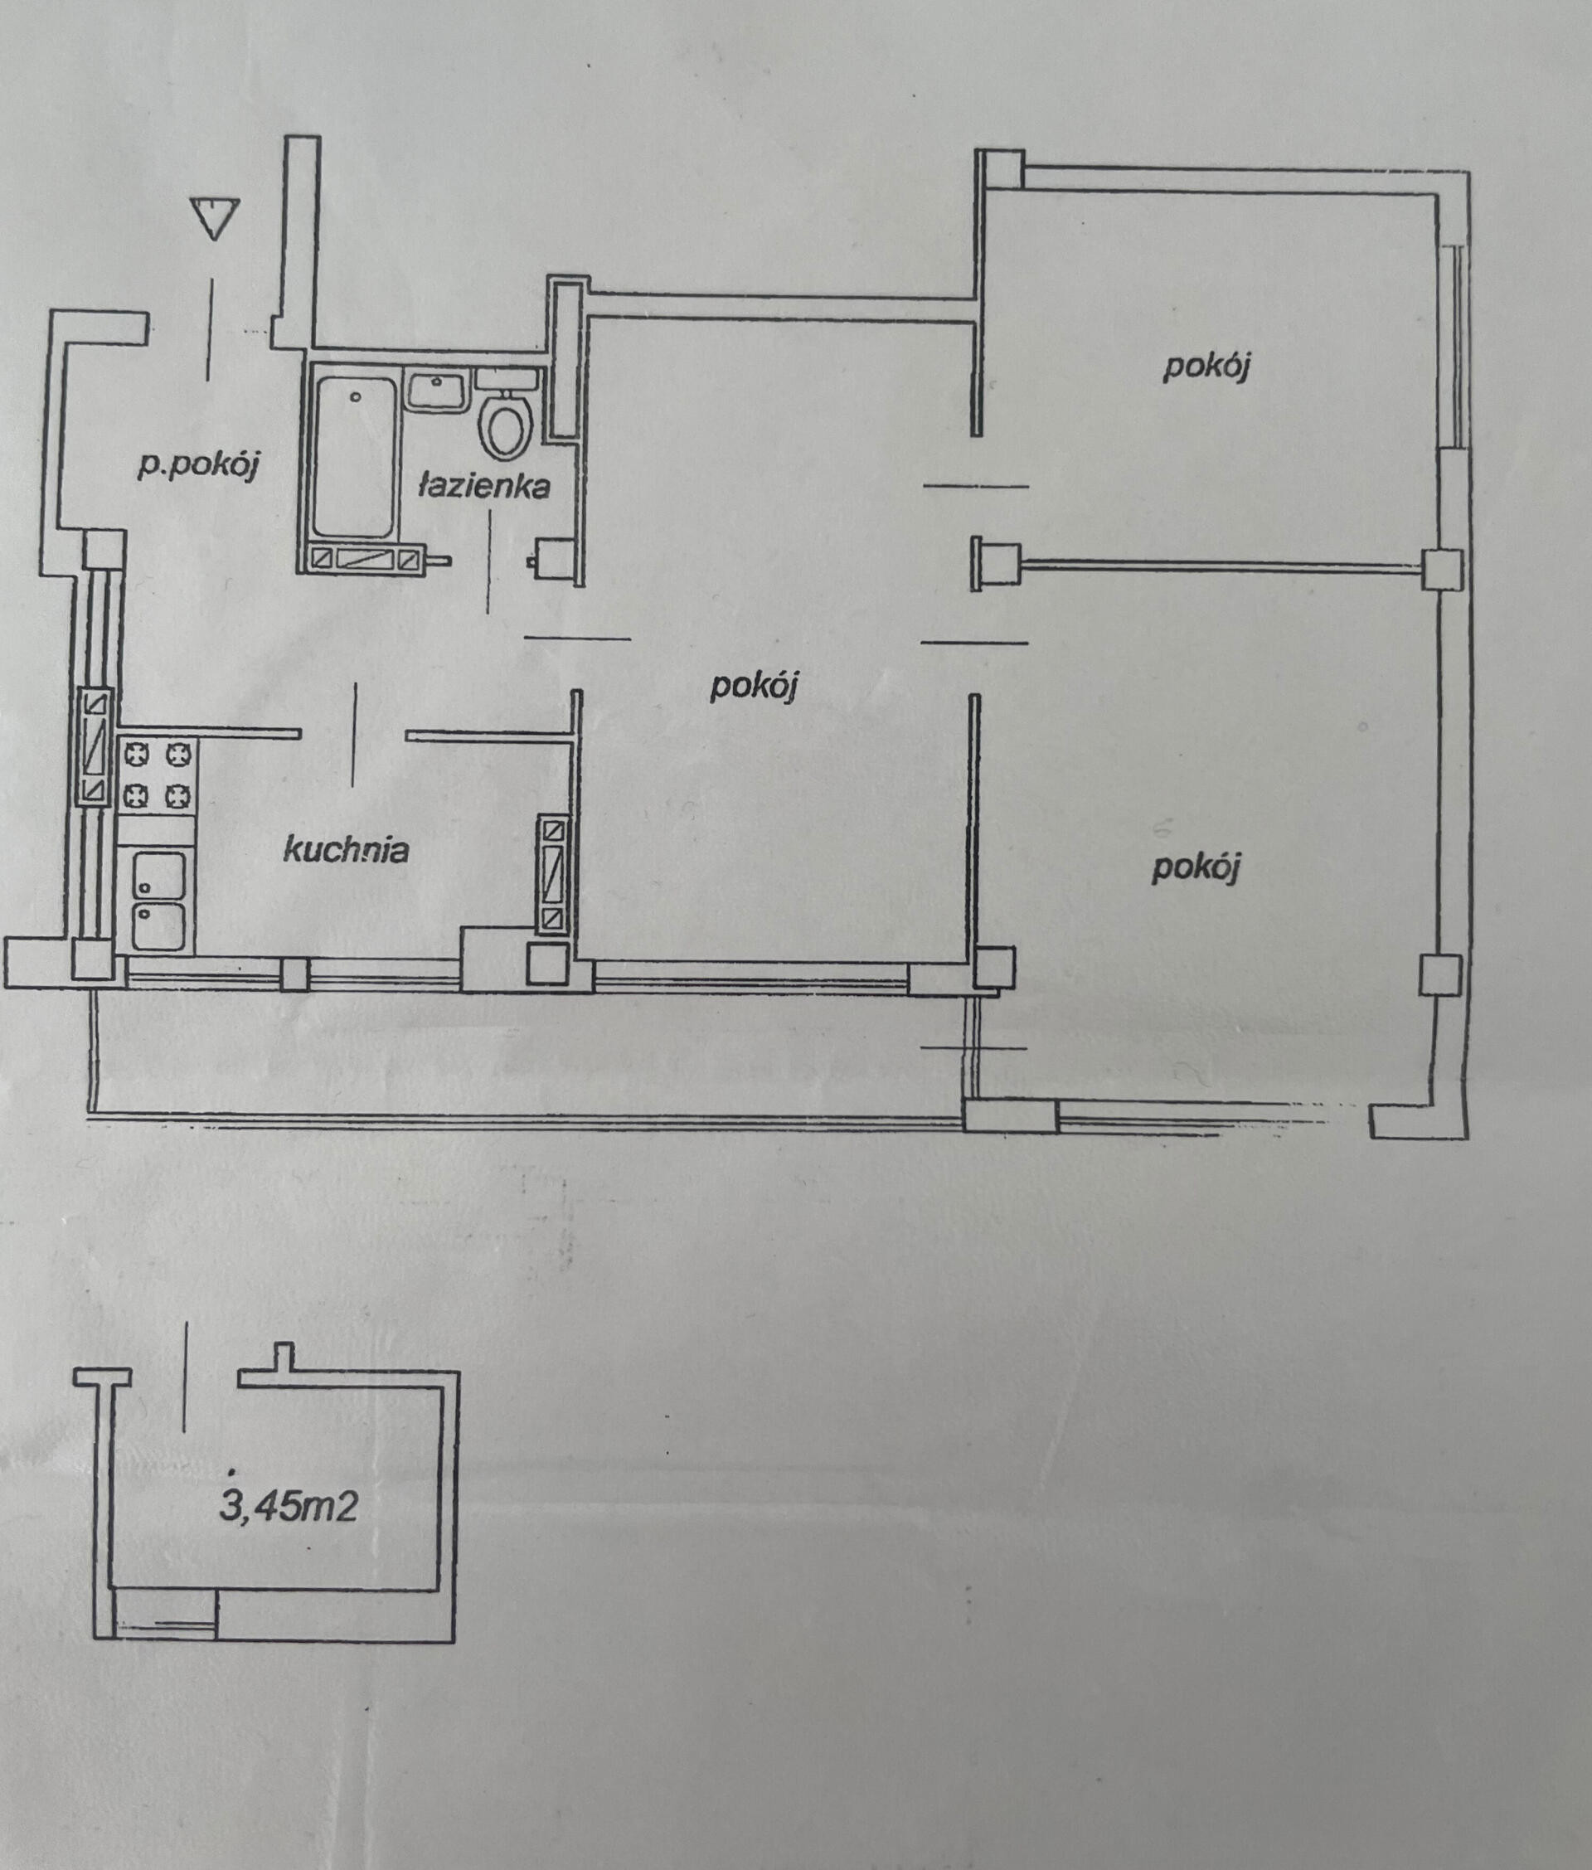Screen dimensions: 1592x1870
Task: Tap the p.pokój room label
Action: tap(198, 466)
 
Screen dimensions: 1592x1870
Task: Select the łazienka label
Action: tap(484, 487)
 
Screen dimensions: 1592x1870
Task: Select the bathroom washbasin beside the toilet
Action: tap(437, 391)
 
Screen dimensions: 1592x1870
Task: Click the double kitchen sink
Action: tap(159, 900)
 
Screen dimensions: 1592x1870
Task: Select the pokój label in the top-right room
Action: tap(1206, 367)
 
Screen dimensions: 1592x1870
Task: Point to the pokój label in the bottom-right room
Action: tap(1196, 867)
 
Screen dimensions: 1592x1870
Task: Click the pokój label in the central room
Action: tap(755, 687)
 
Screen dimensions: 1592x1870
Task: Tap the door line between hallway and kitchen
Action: tap(355, 734)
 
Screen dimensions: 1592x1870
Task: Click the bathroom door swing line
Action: tap(489, 561)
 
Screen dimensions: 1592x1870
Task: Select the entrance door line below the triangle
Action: tap(211, 329)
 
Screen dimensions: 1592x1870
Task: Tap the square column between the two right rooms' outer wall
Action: tap(1440, 570)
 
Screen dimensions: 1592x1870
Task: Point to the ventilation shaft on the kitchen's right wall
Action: tap(552, 873)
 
